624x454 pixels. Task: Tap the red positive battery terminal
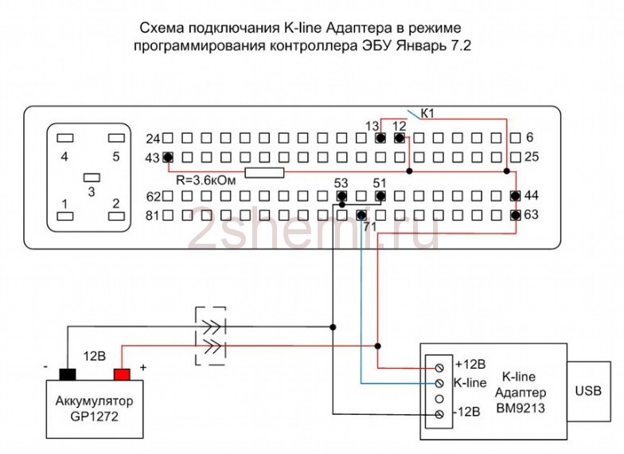coord(122,374)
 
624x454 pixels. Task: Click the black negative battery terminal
coord(67,374)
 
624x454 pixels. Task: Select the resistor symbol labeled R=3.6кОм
coord(264,173)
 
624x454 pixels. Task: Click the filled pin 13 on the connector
coord(380,138)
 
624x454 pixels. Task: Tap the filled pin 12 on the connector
coord(400,138)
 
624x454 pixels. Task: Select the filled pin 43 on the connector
coord(168,156)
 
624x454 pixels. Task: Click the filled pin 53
coord(341,196)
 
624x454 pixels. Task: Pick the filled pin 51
coord(380,196)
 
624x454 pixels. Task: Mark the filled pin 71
coord(361,215)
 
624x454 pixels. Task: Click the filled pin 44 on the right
coord(515,196)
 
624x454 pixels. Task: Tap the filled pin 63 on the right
coord(515,215)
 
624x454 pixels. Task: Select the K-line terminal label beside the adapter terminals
coord(470,382)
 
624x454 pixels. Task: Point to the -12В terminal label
coord(468,413)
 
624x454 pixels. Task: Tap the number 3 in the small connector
coord(92,192)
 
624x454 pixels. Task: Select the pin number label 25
coord(532,157)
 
